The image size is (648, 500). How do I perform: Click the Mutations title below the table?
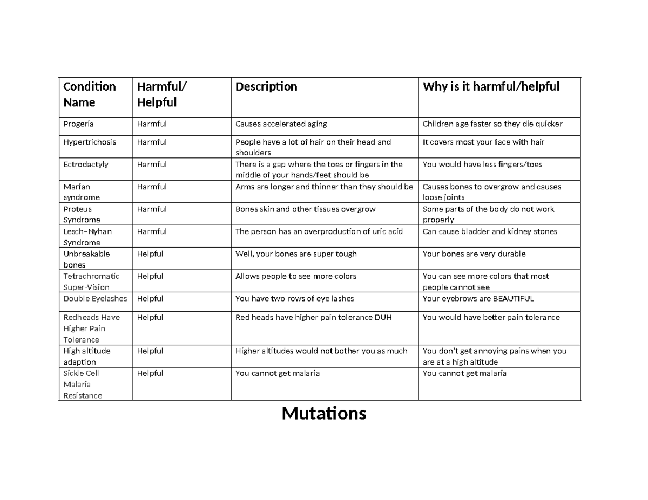pos(324,414)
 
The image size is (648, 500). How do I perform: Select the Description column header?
pos(266,87)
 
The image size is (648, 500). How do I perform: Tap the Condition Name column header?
pos(90,94)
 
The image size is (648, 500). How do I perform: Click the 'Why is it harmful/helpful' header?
pos(491,87)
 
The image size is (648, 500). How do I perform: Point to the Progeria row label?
pos(78,124)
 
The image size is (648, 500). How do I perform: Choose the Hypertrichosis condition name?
pos(90,142)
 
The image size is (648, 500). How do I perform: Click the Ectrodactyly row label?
pos(86,165)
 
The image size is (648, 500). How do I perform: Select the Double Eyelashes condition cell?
pos(95,298)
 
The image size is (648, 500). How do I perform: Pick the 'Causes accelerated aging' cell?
pos(281,124)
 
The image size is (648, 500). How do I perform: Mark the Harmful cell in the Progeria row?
pos(152,124)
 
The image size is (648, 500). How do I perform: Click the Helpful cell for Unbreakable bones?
pos(150,254)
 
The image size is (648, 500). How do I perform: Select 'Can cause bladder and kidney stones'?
pos(490,231)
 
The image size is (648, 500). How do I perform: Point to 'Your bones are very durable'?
pos(474,254)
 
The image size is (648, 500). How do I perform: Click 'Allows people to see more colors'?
pos(295,276)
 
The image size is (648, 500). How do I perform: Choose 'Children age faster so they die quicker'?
pos(492,124)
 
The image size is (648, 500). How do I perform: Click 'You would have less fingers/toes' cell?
pos(482,165)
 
